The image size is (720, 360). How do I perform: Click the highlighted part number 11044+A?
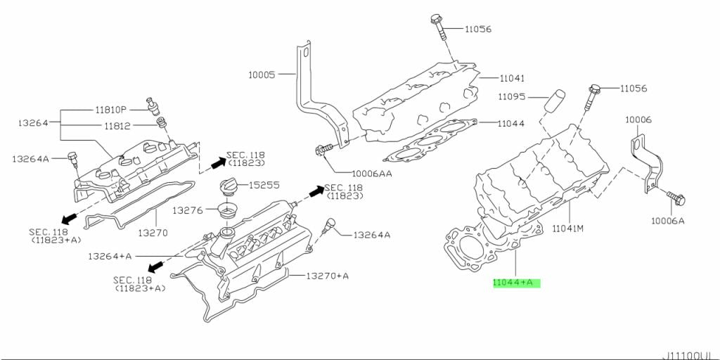(x=516, y=283)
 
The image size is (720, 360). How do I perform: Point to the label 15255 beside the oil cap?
(x=265, y=185)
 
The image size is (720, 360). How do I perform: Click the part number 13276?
(x=188, y=210)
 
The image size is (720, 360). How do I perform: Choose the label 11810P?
(x=111, y=110)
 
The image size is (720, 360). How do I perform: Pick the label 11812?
(x=119, y=126)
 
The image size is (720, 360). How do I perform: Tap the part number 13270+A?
(x=327, y=276)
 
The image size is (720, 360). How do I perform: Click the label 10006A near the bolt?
(x=667, y=220)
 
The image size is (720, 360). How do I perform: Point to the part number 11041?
(x=512, y=78)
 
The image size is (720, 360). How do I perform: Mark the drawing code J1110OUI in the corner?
(x=690, y=354)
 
